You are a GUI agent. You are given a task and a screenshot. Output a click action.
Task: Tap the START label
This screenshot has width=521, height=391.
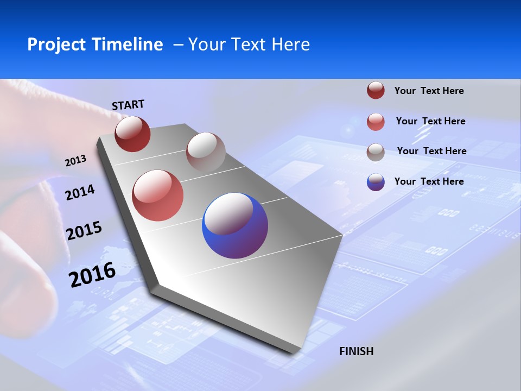(128, 105)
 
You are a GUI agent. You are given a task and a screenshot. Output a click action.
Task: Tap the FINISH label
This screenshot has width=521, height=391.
(357, 351)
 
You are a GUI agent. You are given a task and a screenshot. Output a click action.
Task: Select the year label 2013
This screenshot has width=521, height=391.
(75, 161)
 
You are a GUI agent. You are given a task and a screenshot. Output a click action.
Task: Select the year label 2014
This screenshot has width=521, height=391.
(80, 192)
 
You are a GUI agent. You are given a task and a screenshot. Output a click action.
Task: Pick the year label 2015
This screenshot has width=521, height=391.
(84, 231)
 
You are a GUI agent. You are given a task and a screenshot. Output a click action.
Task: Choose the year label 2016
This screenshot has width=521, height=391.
(92, 275)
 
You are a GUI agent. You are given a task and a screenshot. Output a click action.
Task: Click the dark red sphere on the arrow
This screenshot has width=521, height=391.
(132, 134)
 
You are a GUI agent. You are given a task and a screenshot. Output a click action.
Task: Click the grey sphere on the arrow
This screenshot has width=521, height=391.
(206, 152)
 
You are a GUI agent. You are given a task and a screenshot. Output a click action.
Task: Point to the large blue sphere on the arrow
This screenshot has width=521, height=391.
(235, 225)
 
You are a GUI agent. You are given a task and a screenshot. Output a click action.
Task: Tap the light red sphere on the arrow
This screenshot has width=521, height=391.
(158, 195)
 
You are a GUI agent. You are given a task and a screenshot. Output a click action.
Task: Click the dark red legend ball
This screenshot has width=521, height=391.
(376, 90)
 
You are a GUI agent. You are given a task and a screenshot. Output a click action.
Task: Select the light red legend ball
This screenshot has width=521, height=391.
(376, 122)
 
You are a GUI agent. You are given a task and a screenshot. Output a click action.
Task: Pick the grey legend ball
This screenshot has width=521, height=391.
(376, 152)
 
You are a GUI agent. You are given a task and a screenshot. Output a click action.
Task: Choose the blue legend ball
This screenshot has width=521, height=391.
(376, 182)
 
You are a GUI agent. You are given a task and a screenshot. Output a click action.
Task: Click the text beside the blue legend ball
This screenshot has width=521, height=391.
(429, 181)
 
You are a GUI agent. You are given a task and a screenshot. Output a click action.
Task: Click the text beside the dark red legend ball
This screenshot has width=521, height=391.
(429, 91)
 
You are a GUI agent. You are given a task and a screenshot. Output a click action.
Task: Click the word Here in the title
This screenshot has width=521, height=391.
(290, 45)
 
